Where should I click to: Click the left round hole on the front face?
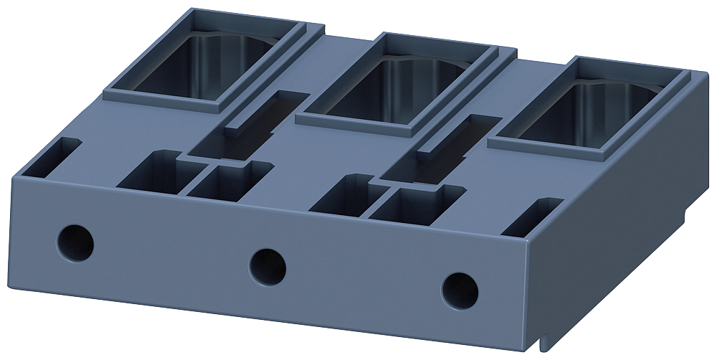(x=75, y=241)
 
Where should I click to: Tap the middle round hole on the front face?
(x=267, y=265)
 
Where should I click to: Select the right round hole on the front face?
(x=460, y=288)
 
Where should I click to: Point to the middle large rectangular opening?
(x=399, y=89)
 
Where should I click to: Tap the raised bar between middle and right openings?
(x=447, y=136)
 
